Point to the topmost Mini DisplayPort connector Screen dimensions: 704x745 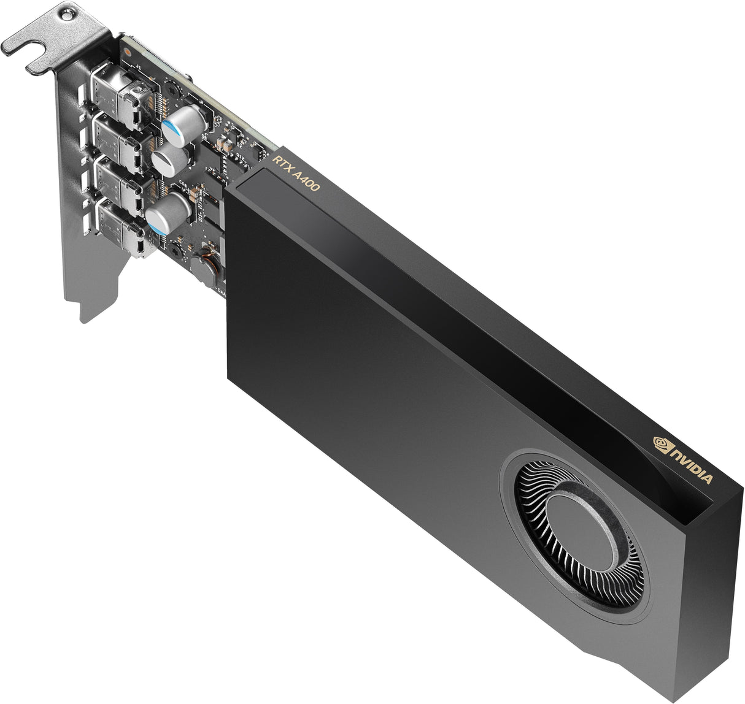click(117, 92)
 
